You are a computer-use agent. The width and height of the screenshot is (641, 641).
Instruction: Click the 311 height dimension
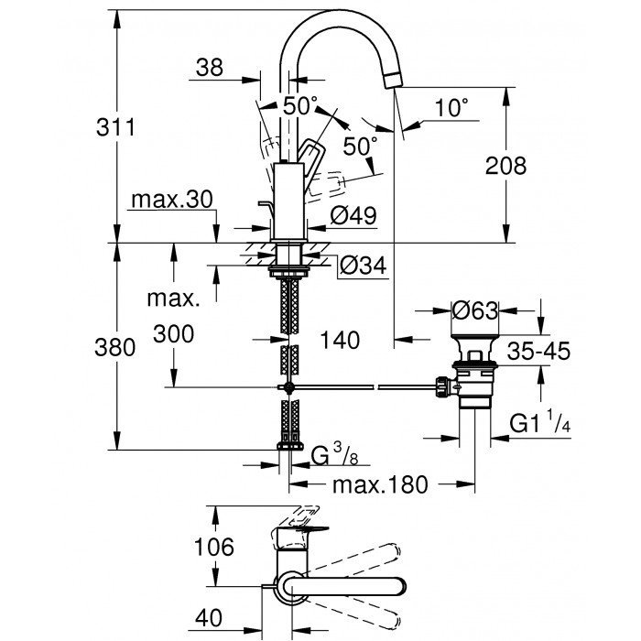tap(116, 127)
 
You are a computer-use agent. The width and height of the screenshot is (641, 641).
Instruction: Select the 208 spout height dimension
tap(506, 166)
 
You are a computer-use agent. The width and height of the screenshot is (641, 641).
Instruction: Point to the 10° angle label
tap(450, 108)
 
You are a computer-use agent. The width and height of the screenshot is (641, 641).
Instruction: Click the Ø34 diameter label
tap(362, 266)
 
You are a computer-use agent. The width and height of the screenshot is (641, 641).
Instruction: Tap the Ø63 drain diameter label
tap(475, 310)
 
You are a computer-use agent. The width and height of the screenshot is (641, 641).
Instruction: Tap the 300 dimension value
tap(174, 334)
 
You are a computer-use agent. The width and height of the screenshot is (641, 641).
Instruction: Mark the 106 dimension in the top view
tap(214, 548)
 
